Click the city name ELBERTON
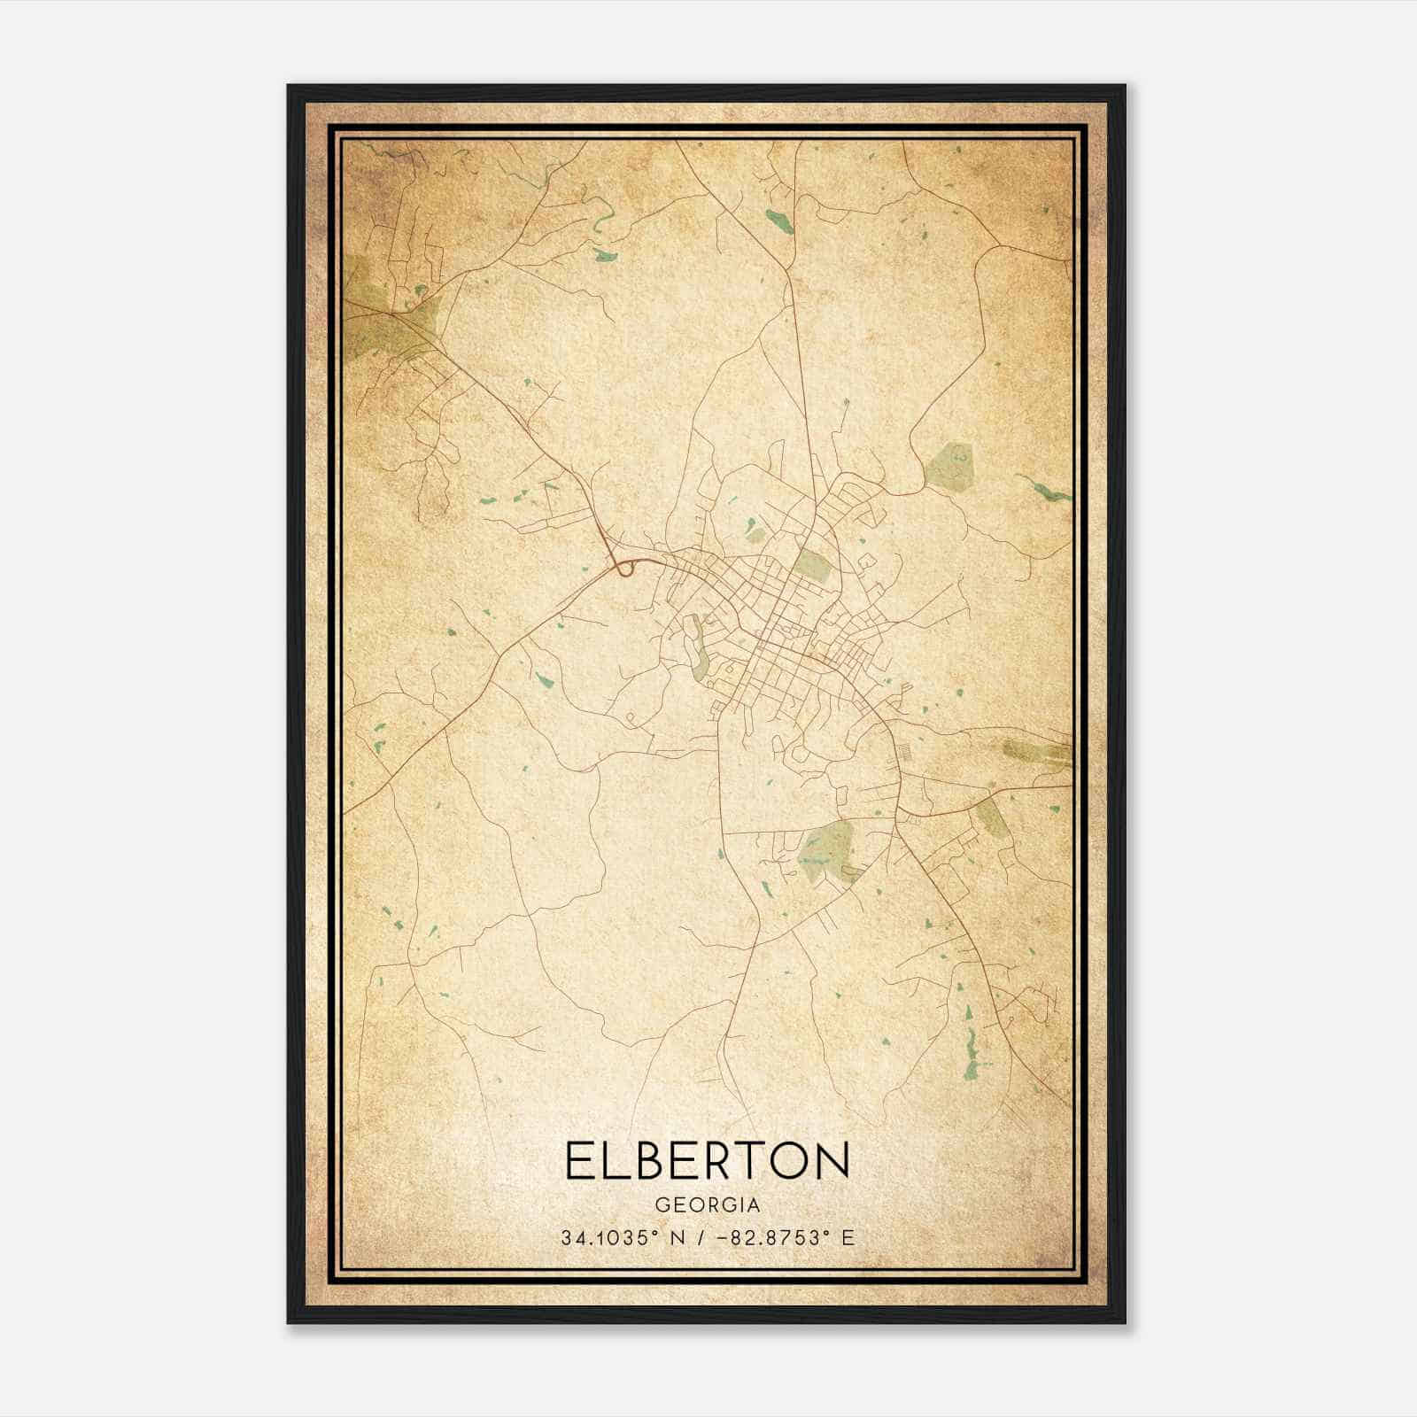tap(707, 1160)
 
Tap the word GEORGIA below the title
tap(707, 1204)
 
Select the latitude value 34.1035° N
tap(618, 1237)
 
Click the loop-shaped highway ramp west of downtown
tap(625, 568)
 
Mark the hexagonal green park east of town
tap(949, 467)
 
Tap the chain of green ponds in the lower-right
tap(972, 1045)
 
